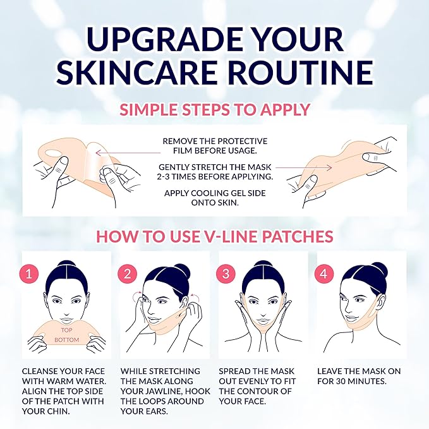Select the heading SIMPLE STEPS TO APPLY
click(214, 109)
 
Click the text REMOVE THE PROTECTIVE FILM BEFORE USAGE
click(215, 146)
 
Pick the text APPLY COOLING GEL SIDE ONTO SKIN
click(215, 197)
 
